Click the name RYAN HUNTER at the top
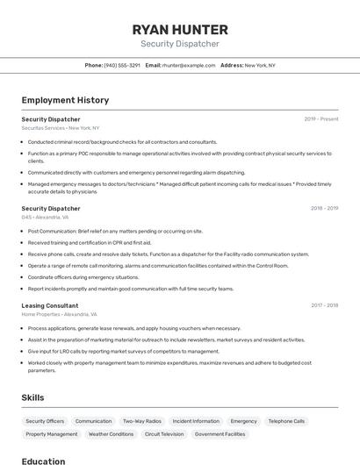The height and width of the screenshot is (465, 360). pos(179,29)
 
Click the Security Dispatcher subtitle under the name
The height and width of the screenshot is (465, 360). pos(179,44)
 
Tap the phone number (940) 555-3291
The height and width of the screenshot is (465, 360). pos(122,65)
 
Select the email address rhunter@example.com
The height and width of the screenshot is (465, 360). pos(189,65)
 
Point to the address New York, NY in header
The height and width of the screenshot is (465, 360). pos(260,65)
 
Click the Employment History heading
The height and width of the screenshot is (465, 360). pos(65,100)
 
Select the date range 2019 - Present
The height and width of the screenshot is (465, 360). pos(320,119)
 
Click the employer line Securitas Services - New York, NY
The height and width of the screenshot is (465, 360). pos(61,128)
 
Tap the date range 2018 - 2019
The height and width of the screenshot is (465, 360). pos(324,209)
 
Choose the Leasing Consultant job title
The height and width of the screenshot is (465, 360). pos(50,305)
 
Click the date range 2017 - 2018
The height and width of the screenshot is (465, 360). pos(324,305)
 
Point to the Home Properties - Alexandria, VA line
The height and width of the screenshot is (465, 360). pos(60,314)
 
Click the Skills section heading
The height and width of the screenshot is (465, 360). pos(33,397)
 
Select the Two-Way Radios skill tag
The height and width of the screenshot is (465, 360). pos(141,421)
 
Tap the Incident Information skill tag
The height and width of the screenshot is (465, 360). pos(196,421)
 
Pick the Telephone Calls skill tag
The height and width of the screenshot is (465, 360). pos(286,421)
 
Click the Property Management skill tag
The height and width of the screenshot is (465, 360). pos(52,434)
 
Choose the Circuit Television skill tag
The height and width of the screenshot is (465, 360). pos(164,434)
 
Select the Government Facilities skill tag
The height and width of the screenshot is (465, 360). pos(220,434)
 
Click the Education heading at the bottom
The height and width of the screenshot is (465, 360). pos(43,461)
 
